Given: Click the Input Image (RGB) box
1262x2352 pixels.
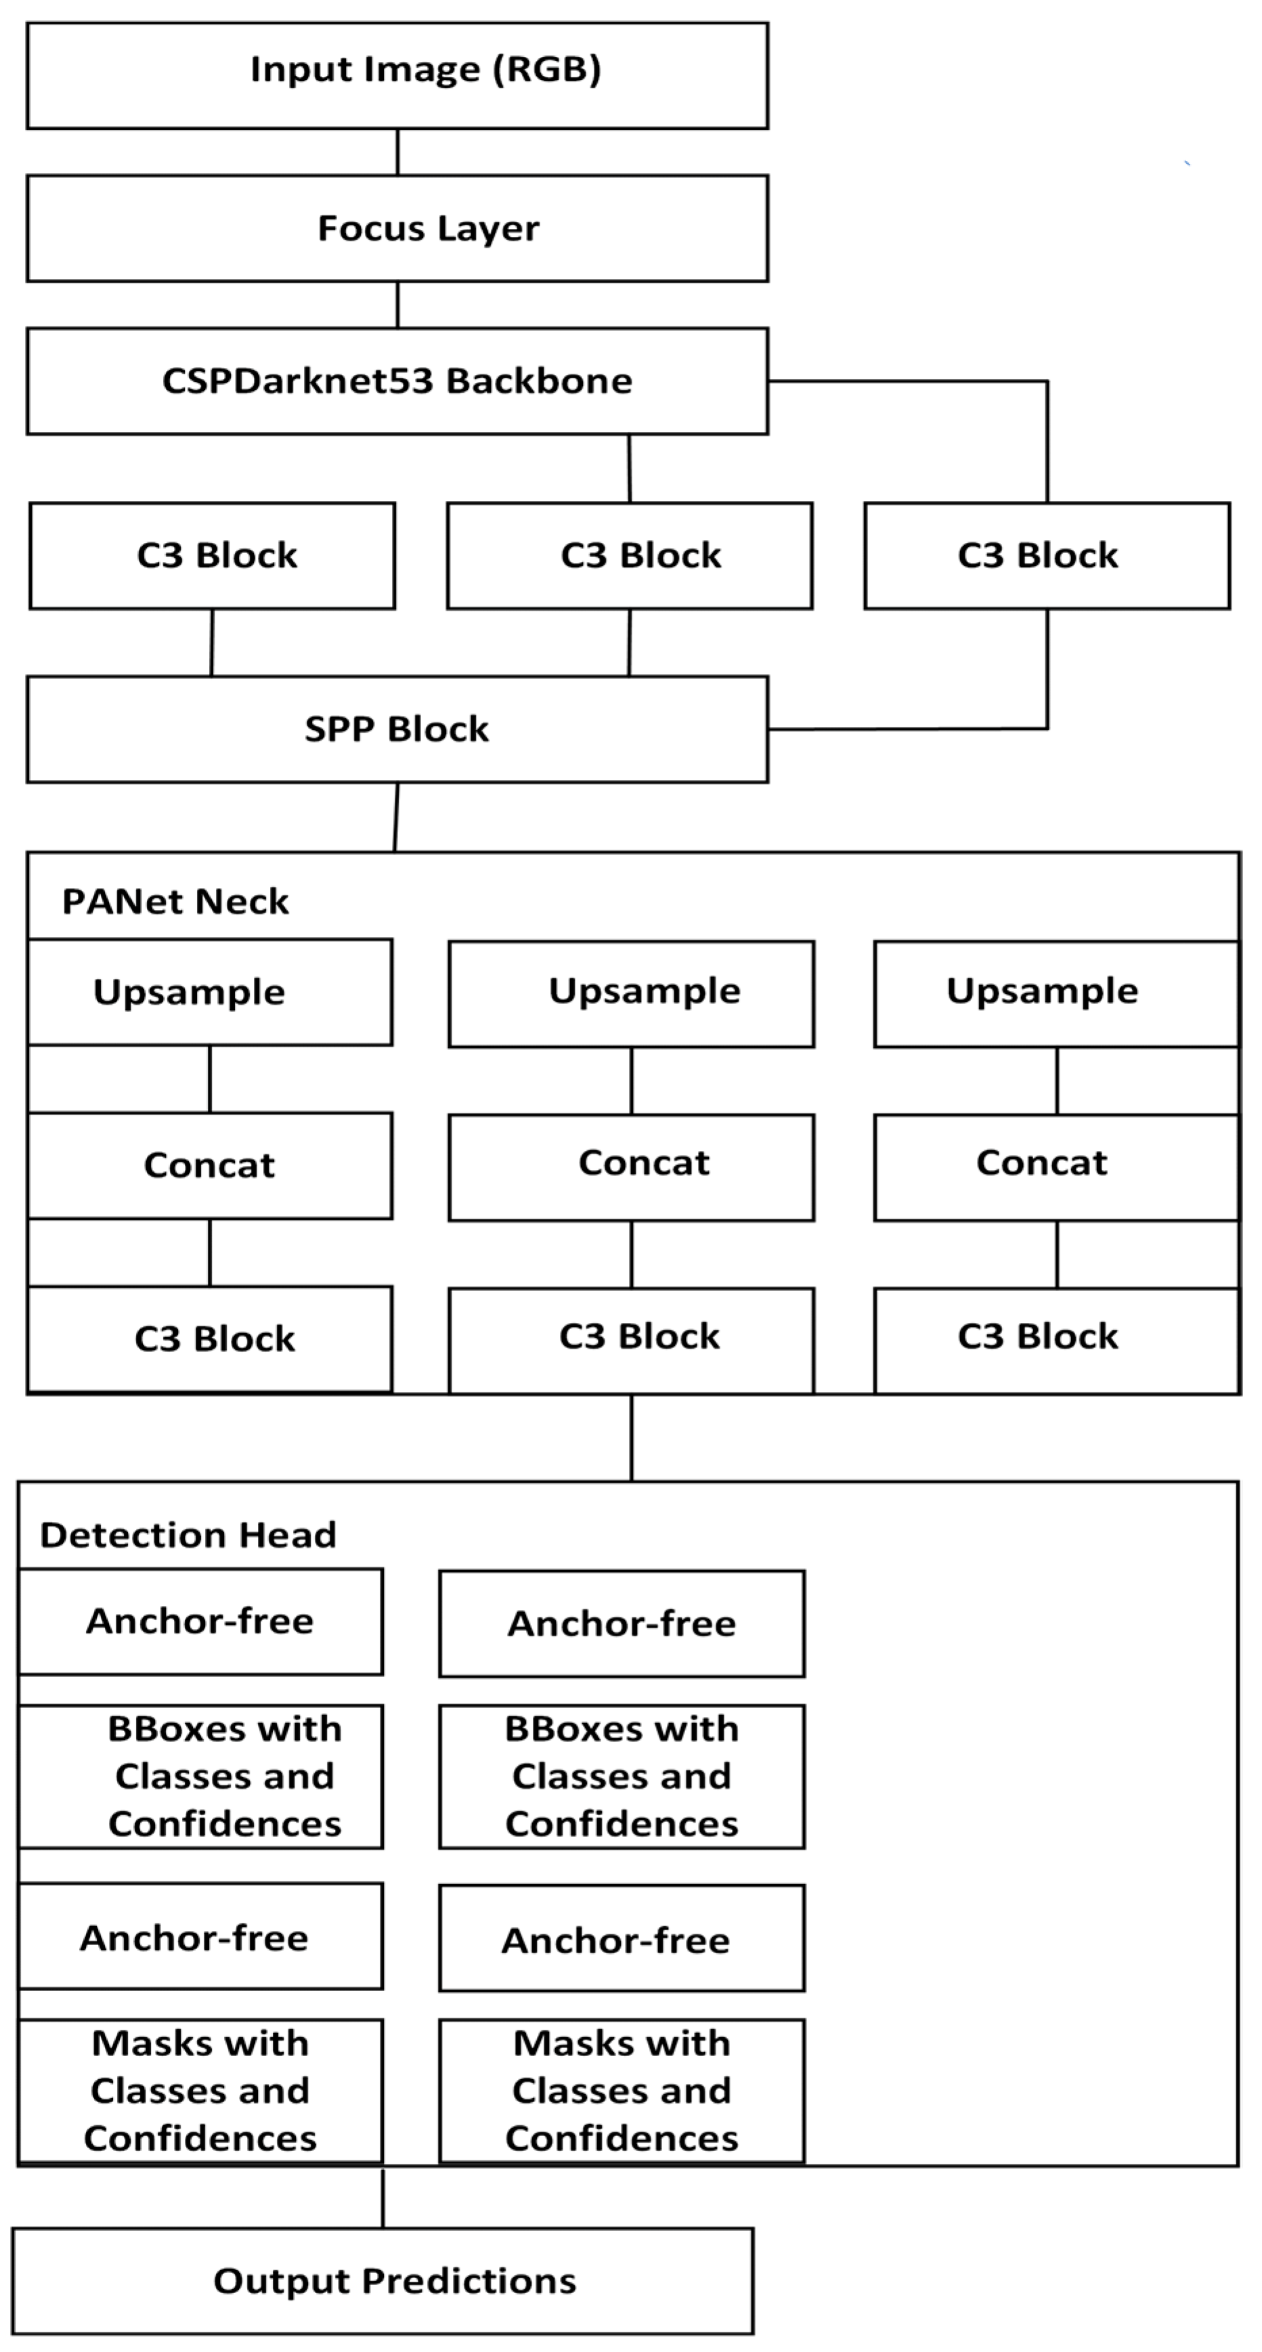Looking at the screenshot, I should click(x=397, y=76).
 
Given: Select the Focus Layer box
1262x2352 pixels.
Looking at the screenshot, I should click(x=397, y=228).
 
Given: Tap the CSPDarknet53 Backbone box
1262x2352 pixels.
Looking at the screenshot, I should click(x=397, y=380).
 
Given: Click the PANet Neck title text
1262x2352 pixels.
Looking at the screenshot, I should click(x=175, y=902).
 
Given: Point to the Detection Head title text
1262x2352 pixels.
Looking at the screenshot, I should click(x=188, y=1536).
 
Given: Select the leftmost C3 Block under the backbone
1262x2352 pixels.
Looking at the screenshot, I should click(x=212, y=555).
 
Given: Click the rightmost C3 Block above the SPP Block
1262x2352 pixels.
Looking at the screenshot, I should click(x=1047, y=555).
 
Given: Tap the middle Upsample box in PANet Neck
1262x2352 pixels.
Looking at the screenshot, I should click(x=631, y=993).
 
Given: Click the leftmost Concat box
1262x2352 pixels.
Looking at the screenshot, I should click(x=210, y=1165).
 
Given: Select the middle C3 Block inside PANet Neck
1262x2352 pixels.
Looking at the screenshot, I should click(x=631, y=1339).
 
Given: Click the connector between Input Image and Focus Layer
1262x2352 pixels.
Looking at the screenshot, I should click(x=397, y=152).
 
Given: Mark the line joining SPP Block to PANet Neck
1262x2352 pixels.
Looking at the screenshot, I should click(x=396, y=817).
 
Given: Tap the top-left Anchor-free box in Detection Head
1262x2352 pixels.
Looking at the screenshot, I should click(x=201, y=1621).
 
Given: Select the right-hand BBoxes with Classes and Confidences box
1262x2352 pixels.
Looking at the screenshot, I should click(x=622, y=1777).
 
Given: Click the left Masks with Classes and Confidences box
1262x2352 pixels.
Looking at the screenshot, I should click(x=201, y=2091).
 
